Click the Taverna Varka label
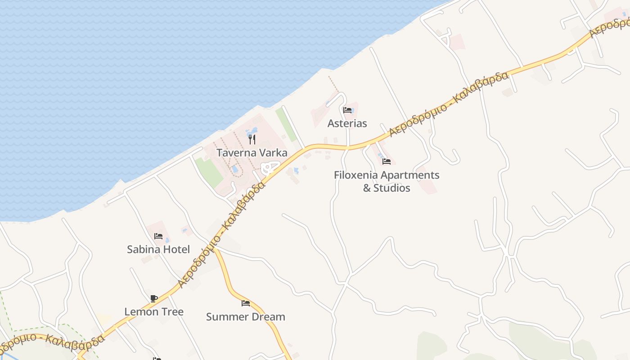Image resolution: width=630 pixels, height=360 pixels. tap(252, 153)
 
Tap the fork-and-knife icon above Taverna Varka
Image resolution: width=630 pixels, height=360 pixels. tap(252, 139)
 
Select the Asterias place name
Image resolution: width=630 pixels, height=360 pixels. tap(347, 123)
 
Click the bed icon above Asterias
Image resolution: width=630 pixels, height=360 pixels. tap(347, 110)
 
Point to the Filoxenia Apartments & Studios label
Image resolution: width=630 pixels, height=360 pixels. tap(387, 181)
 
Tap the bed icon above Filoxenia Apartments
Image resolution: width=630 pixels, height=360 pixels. tap(387, 161)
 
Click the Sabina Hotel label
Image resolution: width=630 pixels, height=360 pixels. tap(158, 249)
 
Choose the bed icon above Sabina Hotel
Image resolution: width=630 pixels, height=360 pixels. tap(158, 236)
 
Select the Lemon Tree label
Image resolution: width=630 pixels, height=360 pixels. tap(154, 311)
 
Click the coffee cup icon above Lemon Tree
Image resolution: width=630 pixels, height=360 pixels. tap(154, 298)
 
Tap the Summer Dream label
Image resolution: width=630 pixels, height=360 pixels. tap(246, 317)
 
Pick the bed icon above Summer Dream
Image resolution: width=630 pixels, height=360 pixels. tap(246, 303)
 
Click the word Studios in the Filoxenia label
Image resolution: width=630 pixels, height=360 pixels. tap(392, 188)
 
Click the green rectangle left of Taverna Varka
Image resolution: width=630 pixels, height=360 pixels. tap(209, 172)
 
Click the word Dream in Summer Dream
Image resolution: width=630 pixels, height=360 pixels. tap(268, 317)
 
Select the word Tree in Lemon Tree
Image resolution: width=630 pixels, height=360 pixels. tap(173, 311)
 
